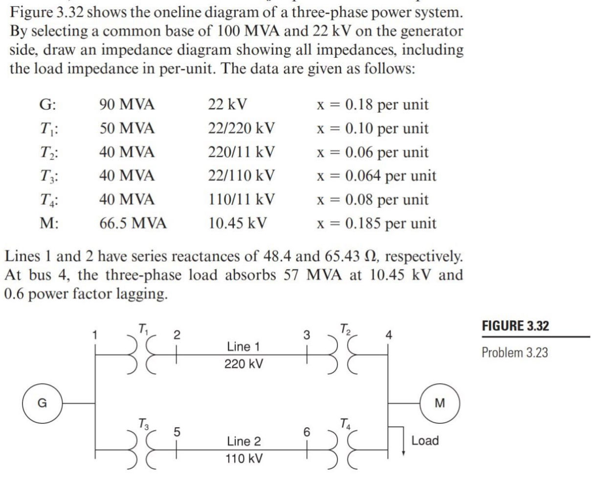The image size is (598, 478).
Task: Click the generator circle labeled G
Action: click(43, 403)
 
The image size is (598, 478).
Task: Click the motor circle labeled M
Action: click(440, 403)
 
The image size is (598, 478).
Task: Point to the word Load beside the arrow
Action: click(425, 440)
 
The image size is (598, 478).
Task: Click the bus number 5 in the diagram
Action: click(178, 431)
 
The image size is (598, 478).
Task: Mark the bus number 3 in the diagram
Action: click(306, 336)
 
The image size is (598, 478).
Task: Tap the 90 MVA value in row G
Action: click(124, 105)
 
